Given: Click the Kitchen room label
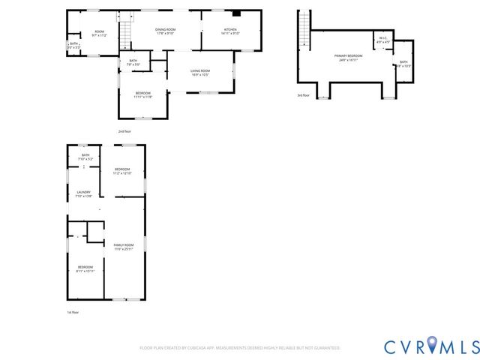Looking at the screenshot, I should [230, 31].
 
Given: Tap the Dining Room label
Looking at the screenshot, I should [165, 31].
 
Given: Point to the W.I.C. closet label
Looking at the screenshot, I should [382, 40].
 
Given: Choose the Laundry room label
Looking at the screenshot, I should [84, 194].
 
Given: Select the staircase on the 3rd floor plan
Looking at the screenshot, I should [304, 29].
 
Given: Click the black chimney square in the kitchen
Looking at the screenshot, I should [236, 13].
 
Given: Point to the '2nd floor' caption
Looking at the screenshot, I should [124, 131].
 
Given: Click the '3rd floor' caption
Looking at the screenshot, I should [303, 95].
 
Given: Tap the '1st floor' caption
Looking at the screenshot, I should [73, 312].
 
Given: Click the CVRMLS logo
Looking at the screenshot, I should [431, 346].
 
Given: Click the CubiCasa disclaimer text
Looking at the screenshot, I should [240, 348].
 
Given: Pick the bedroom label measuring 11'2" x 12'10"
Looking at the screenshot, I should [122, 172].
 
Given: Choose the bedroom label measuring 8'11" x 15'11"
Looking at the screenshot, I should [85, 268].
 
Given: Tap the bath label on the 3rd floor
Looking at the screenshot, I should [403, 64].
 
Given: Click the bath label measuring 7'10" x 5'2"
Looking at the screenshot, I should [85, 157].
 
